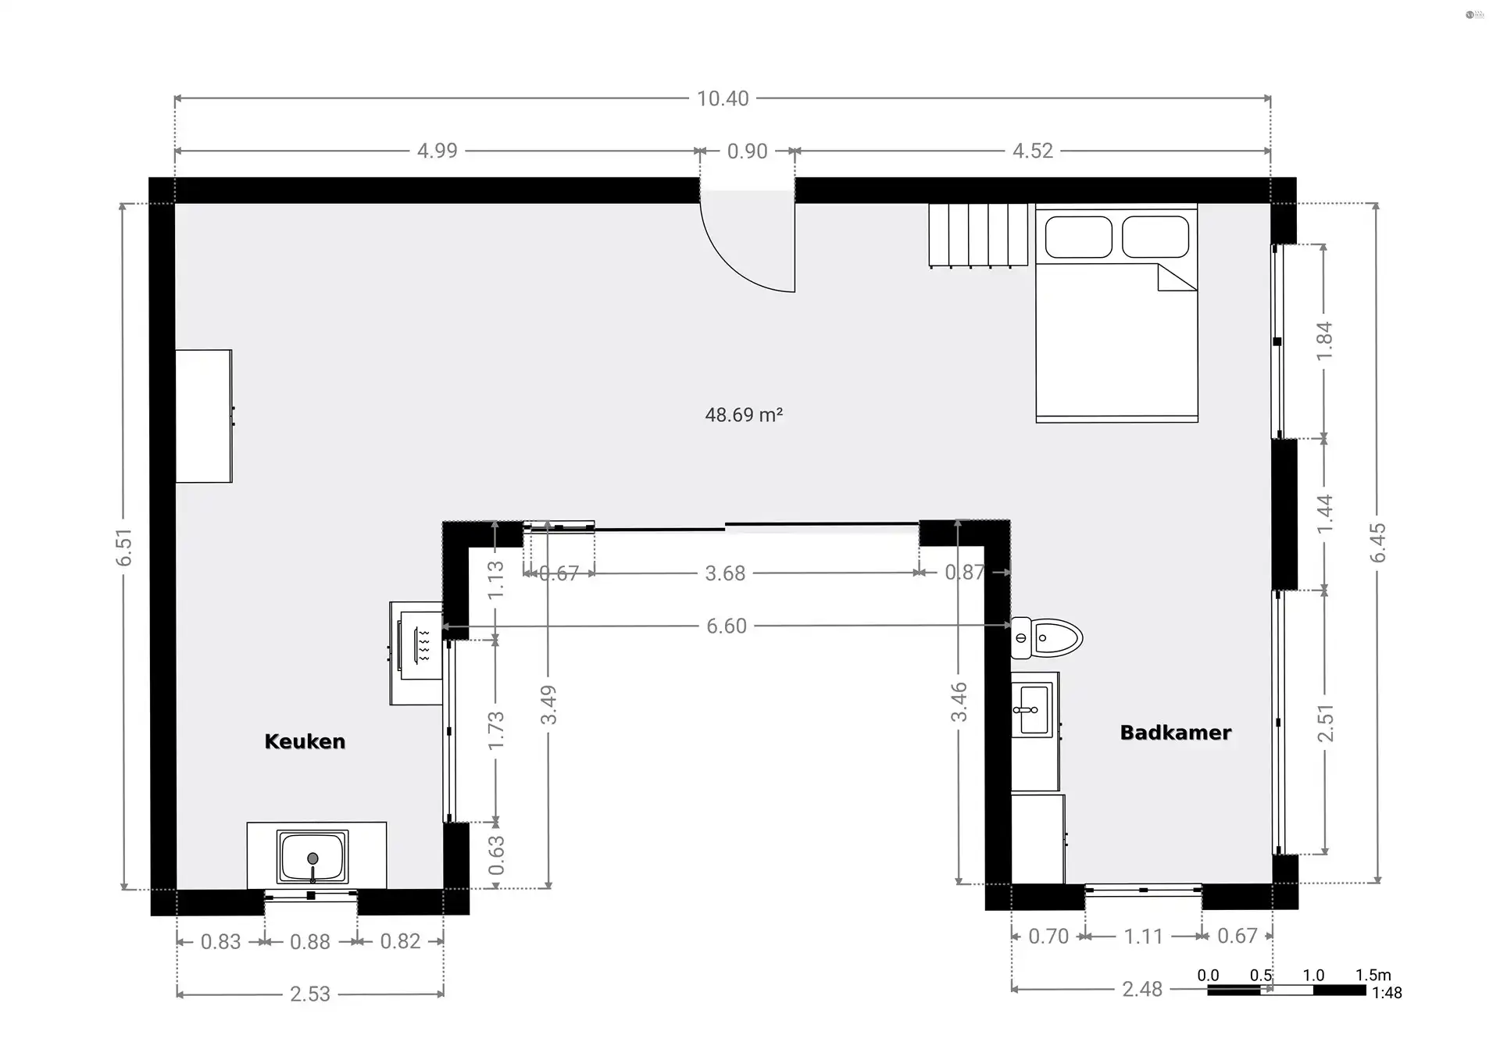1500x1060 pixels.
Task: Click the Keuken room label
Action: tap(305, 741)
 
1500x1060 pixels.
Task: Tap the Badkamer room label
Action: tap(1175, 733)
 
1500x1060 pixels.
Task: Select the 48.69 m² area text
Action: tap(743, 415)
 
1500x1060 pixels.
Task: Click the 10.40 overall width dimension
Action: tap(723, 98)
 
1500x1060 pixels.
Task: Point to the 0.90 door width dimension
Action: tap(747, 151)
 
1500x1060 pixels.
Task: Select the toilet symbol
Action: tap(1048, 637)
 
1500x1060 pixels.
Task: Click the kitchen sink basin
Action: tap(312, 856)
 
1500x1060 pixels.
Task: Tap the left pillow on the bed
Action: tap(1078, 236)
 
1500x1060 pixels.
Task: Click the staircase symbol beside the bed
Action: tap(978, 234)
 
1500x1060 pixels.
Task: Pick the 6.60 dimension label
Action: tap(727, 626)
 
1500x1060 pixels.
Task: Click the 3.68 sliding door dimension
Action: tap(725, 573)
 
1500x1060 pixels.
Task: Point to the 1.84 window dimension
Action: tap(1324, 341)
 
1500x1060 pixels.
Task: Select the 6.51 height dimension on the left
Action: tap(124, 547)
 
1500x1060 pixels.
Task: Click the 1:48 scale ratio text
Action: tap(1387, 993)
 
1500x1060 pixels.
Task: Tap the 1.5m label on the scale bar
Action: tap(1373, 975)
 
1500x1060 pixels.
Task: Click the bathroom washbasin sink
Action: tap(1033, 709)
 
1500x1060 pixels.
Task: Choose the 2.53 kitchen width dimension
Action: tap(310, 994)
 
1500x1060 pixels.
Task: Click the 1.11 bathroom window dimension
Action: tap(1143, 936)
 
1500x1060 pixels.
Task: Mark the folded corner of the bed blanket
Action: tap(1175, 278)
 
